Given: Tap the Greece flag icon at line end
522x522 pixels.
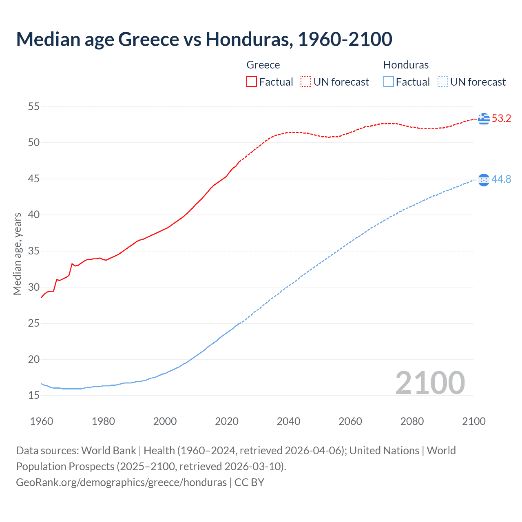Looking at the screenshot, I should [x=484, y=119].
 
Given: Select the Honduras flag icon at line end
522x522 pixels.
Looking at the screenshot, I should [x=484, y=179].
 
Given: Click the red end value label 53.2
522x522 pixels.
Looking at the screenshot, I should [x=501, y=119].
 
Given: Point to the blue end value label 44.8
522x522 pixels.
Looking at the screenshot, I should [x=501, y=179].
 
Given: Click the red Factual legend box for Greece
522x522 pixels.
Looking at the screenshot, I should [x=252, y=82].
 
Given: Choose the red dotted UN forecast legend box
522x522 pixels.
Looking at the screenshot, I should [x=306, y=82].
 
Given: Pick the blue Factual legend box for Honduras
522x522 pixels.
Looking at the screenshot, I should [x=389, y=82].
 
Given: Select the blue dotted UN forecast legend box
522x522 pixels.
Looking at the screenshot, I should [x=443, y=82].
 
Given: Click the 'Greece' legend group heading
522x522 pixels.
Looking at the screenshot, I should [x=263, y=65].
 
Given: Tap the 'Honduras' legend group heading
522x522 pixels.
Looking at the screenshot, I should [x=406, y=65].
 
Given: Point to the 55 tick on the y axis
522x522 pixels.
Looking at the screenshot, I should [x=33, y=107].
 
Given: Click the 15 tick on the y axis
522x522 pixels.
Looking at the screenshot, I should [x=33, y=395].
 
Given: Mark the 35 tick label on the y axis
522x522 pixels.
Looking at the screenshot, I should [x=33, y=251].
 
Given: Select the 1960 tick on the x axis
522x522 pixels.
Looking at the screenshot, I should [x=42, y=421].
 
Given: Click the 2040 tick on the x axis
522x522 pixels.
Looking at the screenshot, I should [x=288, y=421].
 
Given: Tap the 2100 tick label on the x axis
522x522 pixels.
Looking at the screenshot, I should [x=473, y=421].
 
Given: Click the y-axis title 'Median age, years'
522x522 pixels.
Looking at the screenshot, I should [x=17, y=254].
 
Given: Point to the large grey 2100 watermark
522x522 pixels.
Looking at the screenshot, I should [x=430, y=383].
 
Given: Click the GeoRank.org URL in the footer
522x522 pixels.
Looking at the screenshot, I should [x=121, y=482].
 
